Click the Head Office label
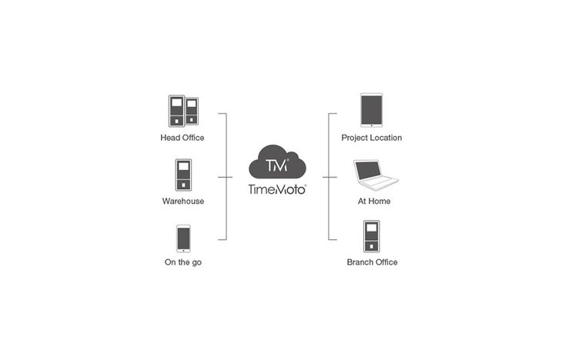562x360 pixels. point(182,138)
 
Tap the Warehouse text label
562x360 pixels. point(182,201)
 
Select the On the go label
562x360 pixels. point(182,262)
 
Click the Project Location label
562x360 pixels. point(371,138)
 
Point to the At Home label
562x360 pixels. point(374,201)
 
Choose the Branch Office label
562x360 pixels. point(372,262)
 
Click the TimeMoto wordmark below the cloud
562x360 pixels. point(278,188)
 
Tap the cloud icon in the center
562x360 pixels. point(278,161)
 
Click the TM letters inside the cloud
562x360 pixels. point(276,165)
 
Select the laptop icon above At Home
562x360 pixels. point(374,175)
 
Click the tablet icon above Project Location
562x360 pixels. point(371,111)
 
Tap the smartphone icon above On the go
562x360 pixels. point(183,238)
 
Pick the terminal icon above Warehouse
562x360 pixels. point(183,175)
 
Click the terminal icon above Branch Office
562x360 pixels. point(371,236)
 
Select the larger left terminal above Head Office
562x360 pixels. point(176,111)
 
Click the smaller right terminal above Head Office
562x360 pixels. point(192,112)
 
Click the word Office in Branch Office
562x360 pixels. point(385,262)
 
